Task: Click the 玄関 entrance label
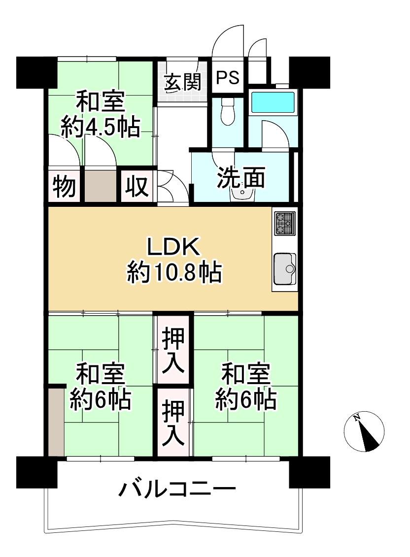point(183,82)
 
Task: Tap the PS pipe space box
point(228,78)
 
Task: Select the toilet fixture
point(228,112)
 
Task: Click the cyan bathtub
point(273,102)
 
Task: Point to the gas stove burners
point(285,223)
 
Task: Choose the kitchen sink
point(285,269)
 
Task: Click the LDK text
point(173,248)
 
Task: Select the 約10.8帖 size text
point(173,272)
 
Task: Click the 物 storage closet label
point(64,186)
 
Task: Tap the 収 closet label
point(136,186)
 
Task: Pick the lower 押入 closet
point(173,423)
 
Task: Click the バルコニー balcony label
point(176,490)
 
